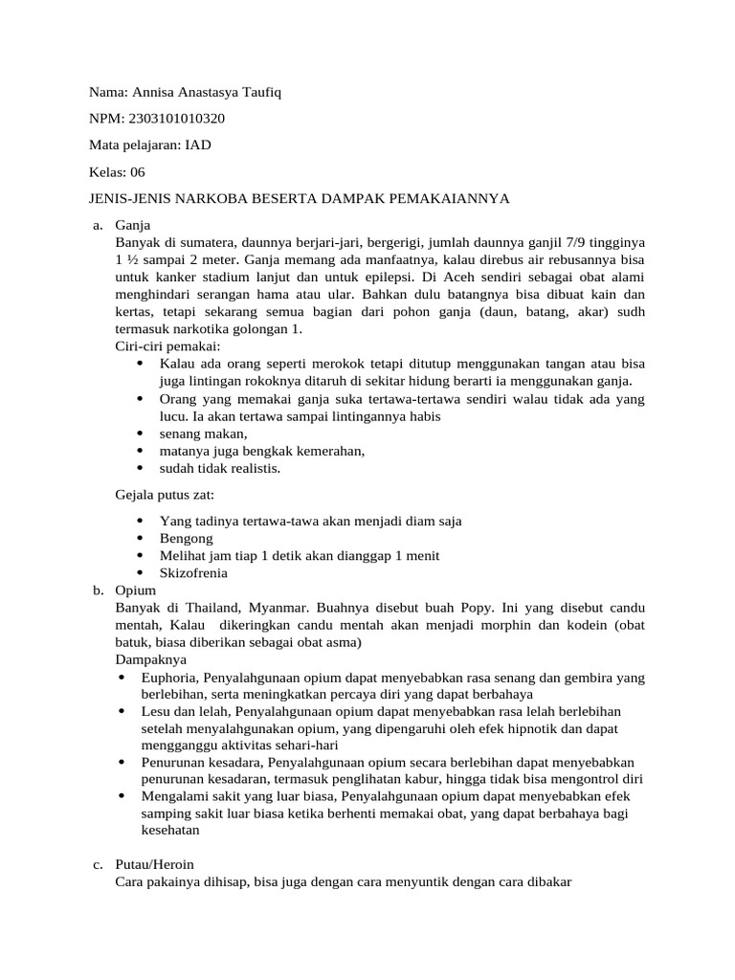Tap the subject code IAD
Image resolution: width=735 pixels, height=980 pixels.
point(198,145)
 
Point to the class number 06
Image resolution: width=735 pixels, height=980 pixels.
point(136,172)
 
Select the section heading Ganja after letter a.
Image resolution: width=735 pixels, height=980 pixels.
point(134,226)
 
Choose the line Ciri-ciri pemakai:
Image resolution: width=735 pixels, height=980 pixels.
point(167,346)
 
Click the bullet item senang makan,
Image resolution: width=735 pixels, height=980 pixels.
point(196,434)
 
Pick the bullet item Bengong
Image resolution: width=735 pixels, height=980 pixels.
point(187,539)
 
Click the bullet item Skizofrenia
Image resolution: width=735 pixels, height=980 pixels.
point(193,573)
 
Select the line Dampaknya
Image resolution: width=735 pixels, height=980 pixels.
point(151,659)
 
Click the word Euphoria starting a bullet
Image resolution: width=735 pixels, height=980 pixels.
point(171,677)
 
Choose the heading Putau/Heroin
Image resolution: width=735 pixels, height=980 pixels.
point(160,865)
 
